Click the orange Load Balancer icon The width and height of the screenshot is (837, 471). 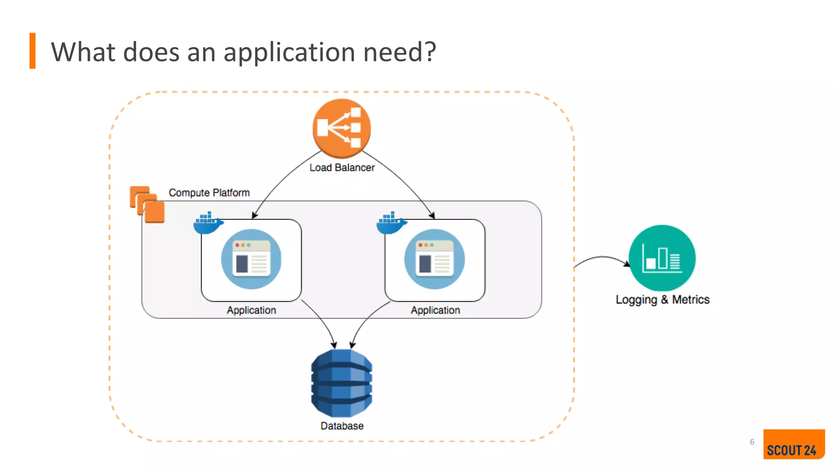[x=342, y=128]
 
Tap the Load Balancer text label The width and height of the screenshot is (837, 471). [x=342, y=168]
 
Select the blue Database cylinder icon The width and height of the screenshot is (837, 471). [x=342, y=383]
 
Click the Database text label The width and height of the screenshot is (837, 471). [x=342, y=426]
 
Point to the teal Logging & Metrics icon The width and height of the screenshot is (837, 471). [x=662, y=258]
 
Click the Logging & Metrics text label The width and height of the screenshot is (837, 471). [x=662, y=300]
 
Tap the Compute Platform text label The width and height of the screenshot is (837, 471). [x=209, y=193]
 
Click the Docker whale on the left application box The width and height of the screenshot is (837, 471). [x=208, y=223]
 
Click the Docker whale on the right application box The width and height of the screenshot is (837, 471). [x=391, y=223]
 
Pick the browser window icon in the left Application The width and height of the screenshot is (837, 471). [x=251, y=259]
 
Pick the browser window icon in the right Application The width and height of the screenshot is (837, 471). [x=434, y=259]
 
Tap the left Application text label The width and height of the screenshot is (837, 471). [x=251, y=310]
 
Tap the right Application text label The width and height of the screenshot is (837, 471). [x=435, y=310]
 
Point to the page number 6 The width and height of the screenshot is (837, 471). [x=752, y=442]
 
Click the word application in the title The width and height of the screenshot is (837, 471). [x=289, y=53]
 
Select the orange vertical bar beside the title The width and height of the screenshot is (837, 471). [x=32, y=51]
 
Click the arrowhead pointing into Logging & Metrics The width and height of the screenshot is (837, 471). [x=627, y=264]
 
